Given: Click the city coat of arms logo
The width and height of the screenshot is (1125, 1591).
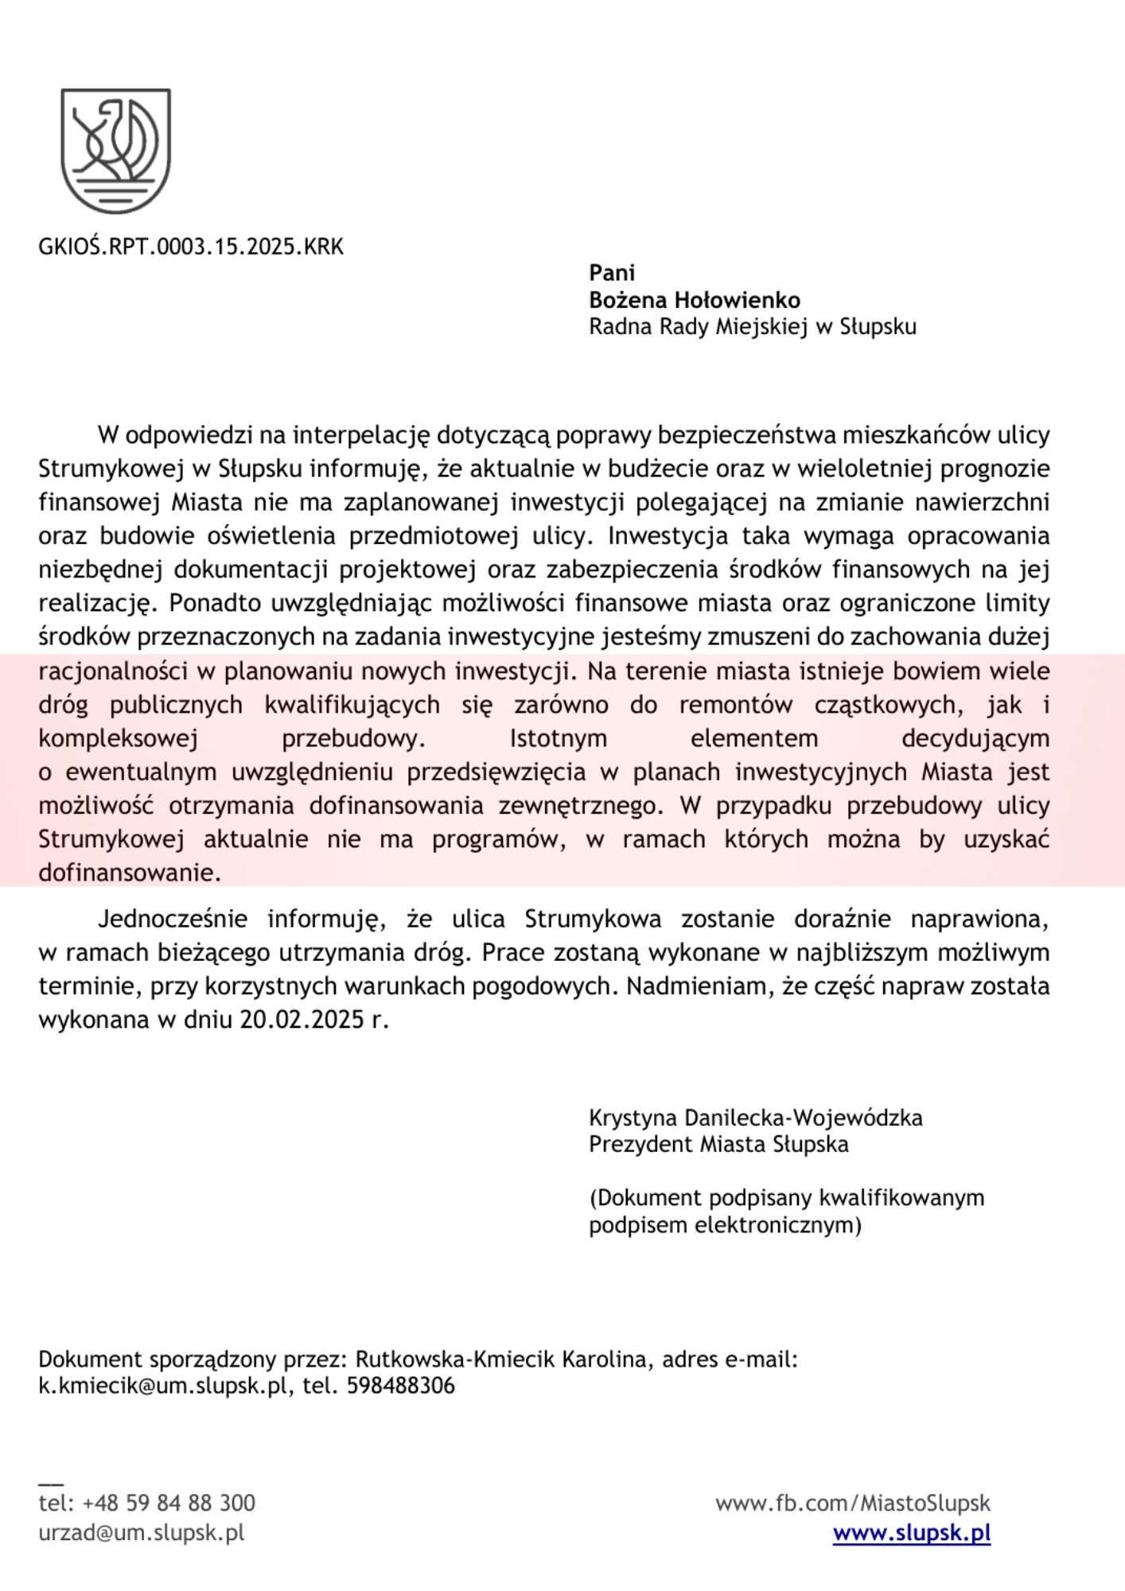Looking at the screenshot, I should point(116,150).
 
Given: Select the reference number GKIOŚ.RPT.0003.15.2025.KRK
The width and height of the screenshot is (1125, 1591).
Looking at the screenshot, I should point(191,247).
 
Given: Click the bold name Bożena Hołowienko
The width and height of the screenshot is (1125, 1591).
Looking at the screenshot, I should point(694,300).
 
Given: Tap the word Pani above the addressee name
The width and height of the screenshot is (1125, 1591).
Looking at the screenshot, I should point(612,273).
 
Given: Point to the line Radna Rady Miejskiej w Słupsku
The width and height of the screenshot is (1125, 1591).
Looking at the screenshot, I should point(752,327).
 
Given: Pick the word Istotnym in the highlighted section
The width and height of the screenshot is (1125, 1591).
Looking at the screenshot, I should point(558,738).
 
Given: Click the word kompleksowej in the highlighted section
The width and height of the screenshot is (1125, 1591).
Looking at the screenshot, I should point(118,738).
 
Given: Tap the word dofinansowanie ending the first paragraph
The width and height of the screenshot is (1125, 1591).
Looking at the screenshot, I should point(129,873).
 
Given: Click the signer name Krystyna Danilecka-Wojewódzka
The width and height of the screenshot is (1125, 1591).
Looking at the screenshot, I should point(755,1118).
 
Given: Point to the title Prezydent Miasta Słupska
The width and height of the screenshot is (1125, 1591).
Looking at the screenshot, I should point(718,1145).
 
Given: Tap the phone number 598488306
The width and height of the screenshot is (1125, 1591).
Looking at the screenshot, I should point(401,1386).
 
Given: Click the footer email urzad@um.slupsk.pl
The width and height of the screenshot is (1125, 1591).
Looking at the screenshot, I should point(141,1532).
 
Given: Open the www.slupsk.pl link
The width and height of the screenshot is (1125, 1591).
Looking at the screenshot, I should point(911,1532).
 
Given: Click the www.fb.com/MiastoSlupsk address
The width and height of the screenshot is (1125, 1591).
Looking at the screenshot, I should point(852,1503).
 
